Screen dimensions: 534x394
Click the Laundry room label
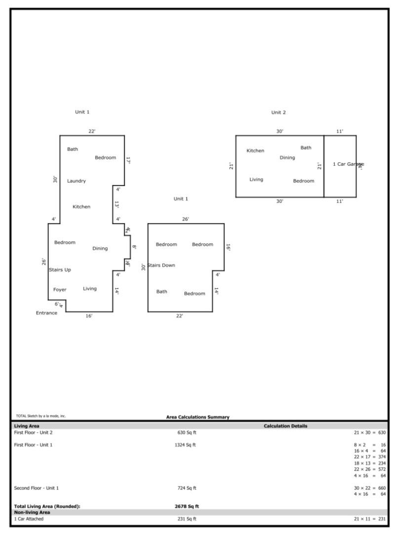77,181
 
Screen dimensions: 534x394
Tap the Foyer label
60,289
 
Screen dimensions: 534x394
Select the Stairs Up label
60,269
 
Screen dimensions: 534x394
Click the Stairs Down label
161,266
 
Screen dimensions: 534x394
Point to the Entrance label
46,313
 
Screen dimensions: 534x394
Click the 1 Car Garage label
348,164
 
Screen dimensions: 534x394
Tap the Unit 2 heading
278,113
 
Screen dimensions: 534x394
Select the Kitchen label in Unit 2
255,151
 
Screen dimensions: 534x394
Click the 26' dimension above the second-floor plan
186,219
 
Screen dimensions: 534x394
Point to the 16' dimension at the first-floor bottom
89,316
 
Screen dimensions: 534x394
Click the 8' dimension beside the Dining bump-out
134,247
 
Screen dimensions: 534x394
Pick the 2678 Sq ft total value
187,506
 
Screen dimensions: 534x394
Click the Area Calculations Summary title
197,417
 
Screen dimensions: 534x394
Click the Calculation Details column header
285,426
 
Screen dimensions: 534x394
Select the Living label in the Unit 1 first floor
90,289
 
